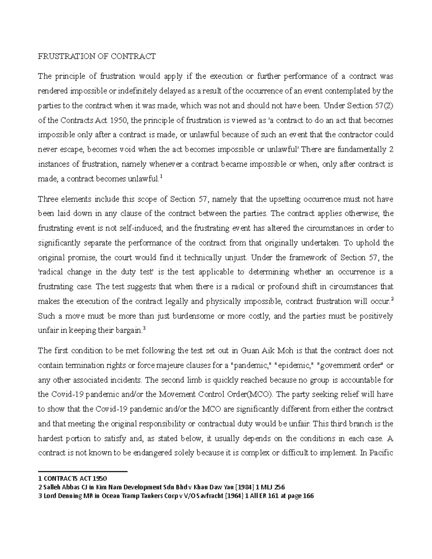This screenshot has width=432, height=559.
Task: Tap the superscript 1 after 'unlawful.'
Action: coord(161,176)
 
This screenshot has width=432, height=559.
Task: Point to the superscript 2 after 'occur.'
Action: coord(392,298)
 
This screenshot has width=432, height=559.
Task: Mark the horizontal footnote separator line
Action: coord(83,472)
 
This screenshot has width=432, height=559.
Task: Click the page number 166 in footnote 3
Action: coord(308,496)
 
